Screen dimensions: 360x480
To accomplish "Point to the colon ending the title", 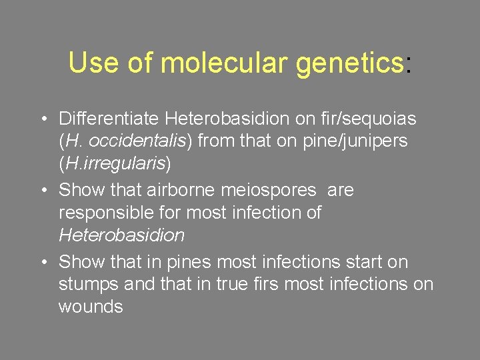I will (408, 65).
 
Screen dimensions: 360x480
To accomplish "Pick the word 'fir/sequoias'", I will (361, 119).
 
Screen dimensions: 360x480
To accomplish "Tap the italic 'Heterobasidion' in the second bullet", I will (121, 235).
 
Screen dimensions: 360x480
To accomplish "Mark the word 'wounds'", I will (91, 307).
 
